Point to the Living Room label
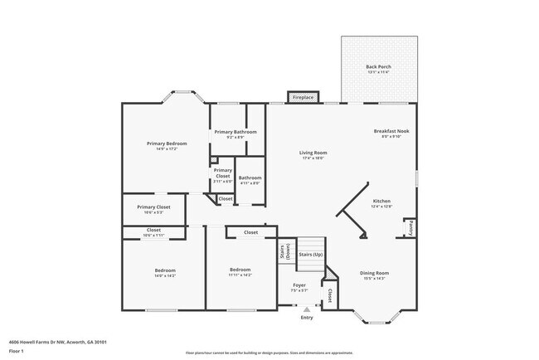(313, 153)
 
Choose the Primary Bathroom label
(236, 132)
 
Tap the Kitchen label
(381, 202)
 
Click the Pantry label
(410, 228)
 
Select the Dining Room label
(375, 273)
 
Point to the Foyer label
(299, 286)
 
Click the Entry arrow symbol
(306, 309)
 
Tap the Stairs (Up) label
(310, 254)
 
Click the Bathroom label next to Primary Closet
(250, 178)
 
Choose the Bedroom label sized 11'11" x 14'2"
(240, 270)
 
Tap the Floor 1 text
(17, 352)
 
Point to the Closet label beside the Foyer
(329, 294)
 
